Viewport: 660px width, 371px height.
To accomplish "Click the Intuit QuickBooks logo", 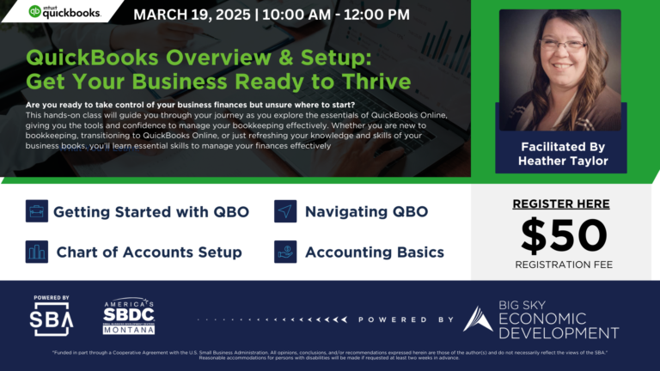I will tap(64, 12).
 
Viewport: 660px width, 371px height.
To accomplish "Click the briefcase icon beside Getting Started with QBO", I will tap(36, 211).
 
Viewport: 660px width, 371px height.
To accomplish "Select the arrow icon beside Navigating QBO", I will tap(285, 211).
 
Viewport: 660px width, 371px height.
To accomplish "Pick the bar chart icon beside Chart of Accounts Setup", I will tap(36, 252).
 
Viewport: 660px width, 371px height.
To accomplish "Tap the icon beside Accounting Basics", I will tap(285, 252).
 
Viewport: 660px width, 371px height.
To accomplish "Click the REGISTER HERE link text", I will tap(560, 204).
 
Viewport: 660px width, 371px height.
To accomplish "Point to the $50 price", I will tap(563, 234).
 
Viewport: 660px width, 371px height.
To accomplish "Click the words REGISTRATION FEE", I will tap(563, 265).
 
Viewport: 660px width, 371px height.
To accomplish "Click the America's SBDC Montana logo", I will tap(129, 316).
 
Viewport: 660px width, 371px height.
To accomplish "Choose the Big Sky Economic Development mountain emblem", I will tap(478, 319).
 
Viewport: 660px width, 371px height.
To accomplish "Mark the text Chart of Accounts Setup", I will tap(149, 252).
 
